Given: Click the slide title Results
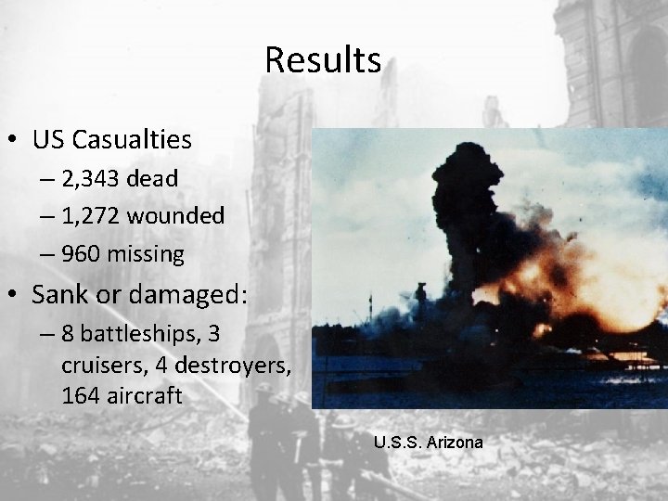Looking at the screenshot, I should point(322,60).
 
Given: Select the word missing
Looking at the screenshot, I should point(150,253).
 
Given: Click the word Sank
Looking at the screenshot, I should point(58,296).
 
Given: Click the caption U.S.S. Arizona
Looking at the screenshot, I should point(428,443).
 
